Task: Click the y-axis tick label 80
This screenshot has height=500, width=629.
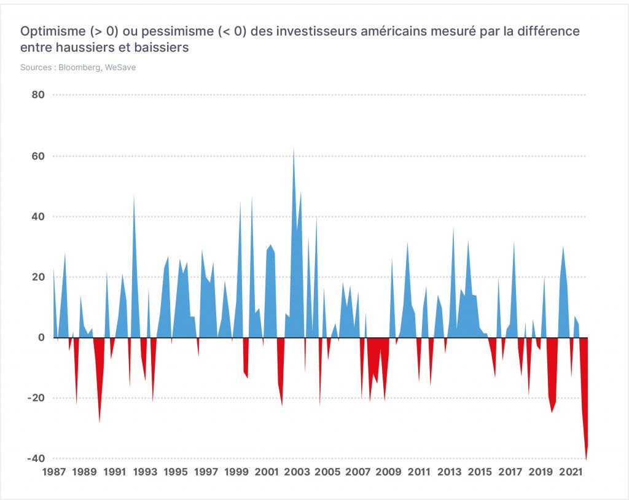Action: (38, 95)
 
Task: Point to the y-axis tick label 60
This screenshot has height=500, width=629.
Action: (38, 156)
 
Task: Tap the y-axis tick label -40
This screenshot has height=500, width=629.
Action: (36, 458)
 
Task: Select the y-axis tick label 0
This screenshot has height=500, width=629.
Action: (41, 337)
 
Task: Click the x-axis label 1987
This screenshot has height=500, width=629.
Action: (54, 472)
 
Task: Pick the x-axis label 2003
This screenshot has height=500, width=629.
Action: (297, 472)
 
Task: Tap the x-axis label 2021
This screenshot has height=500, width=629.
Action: (571, 472)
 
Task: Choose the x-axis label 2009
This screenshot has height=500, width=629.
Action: (388, 472)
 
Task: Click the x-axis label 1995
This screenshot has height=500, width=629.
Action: (176, 472)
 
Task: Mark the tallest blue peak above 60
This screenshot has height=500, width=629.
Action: (294, 147)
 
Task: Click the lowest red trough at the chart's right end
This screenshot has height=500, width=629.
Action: (586, 459)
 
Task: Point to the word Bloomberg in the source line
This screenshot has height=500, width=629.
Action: (80, 68)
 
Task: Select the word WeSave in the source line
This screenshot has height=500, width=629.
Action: (120, 68)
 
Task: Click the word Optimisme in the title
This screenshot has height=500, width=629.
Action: (53, 31)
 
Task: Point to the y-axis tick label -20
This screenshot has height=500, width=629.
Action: (36, 398)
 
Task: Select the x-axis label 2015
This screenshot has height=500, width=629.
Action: (480, 472)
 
